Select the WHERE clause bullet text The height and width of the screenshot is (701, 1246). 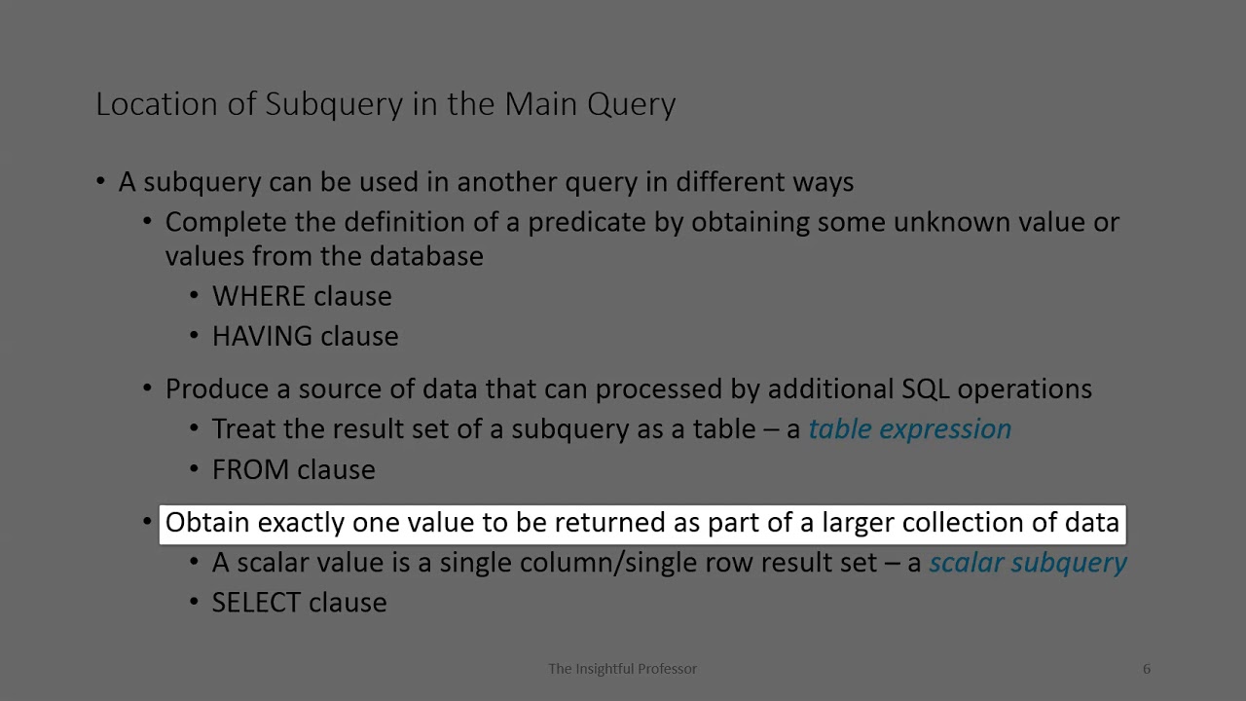[x=302, y=296]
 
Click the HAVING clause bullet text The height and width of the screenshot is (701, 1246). [x=305, y=336]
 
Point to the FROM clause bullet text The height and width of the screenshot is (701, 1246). [x=293, y=469]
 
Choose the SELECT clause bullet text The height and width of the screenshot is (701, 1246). [x=299, y=603]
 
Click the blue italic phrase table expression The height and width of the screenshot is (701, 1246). [x=909, y=429]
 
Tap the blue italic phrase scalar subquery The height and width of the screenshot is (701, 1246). [x=1027, y=563]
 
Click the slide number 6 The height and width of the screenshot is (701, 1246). [x=1146, y=669]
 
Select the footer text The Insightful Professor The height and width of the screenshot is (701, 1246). [x=622, y=669]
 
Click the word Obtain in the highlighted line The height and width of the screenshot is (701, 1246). [x=207, y=523]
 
